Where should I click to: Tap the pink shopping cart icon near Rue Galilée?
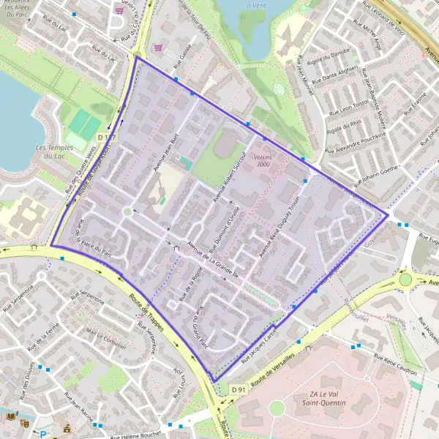pyautogui.click(x=158, y=46)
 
